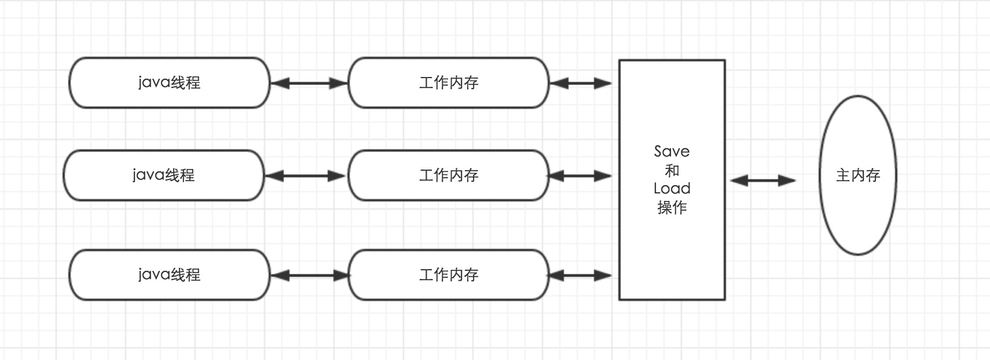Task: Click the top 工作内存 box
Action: [x=448, y=83]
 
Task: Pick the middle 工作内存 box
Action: [x=448, y=175]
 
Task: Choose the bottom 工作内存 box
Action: [x=448, y=275]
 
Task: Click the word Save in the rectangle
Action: [x=672, y=152]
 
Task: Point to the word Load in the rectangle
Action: [x=672, y=189]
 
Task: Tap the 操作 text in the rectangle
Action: [x=672, y=207]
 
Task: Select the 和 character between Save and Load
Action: [x=672, y=171]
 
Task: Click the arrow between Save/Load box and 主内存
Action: [x=762, y=181]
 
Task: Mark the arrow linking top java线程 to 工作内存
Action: [x=309, y=83]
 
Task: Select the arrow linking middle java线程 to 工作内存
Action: [x=305, y=176]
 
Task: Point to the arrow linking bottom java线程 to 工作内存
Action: [x=309, y=275]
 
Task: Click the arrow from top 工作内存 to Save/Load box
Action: [x=580, y=83]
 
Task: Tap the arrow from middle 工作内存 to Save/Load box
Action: [x=580, y=176]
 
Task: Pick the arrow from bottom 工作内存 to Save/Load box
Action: [x=580, y=275]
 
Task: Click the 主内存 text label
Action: [x=858, y=175]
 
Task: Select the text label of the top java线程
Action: [x=169, y=83]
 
